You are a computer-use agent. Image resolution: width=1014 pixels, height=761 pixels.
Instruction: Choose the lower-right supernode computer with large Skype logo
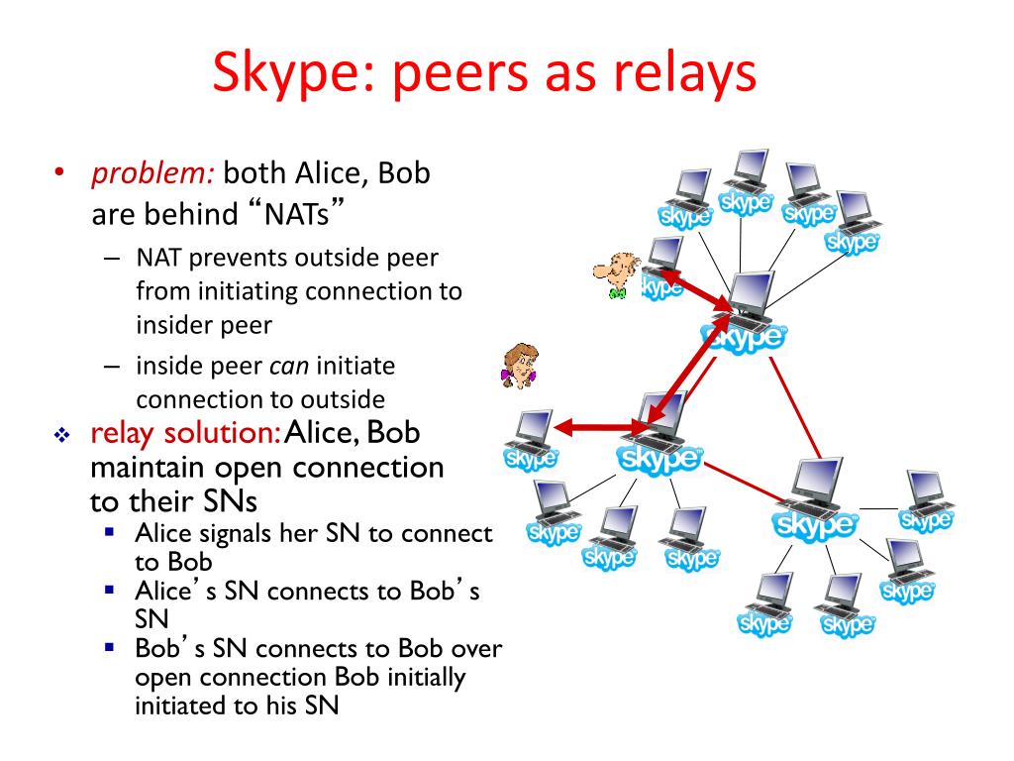click(815, 490)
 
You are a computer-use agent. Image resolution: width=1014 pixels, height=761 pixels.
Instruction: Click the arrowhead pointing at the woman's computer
click(561, 427)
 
